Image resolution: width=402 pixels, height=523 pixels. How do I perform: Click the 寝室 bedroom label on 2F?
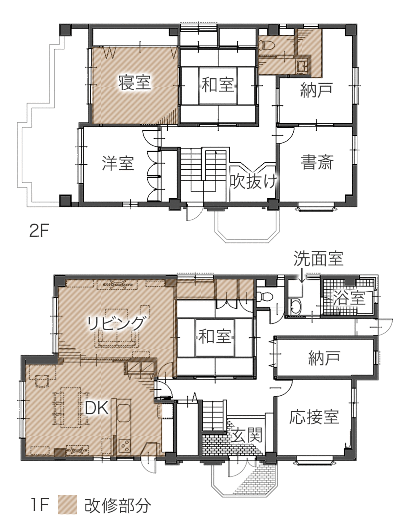coord(135,82)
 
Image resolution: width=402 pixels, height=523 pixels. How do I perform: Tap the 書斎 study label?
coord(317,162)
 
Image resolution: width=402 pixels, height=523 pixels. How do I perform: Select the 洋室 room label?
coord(118,163)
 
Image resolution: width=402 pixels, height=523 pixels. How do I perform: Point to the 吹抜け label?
coord(253,181)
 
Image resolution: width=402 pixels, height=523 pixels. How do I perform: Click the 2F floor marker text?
coord(39,231)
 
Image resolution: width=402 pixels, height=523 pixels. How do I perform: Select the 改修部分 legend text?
coord(117,506)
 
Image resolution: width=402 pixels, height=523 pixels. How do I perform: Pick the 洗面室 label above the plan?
coord(318,258)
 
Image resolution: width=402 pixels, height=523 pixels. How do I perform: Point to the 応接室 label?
coord(314,417)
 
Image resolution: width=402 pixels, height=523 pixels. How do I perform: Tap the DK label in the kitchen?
coord(97,408)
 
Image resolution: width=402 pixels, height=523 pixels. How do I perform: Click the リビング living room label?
coord(117,323)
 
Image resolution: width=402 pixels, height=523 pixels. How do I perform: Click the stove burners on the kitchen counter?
coord(125,445)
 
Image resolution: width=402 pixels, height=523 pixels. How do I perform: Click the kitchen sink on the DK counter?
coord(124,415)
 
